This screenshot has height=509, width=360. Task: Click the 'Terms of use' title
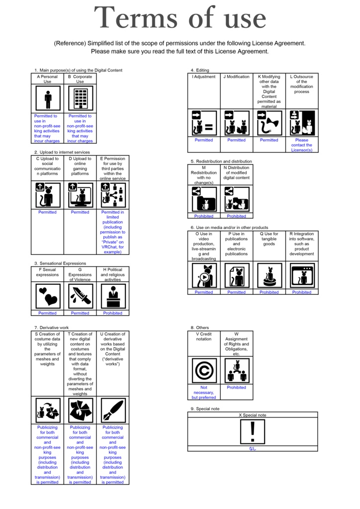[x=180, y=19]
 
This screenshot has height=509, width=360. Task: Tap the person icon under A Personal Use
[x=48, y=98]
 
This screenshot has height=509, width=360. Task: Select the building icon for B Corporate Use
[x=80, y=98]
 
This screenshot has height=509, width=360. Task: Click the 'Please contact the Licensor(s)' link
[x=301, y=145]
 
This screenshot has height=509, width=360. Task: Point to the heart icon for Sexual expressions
[x=48, y=296]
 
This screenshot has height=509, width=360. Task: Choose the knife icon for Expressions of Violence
[x=80, y=296]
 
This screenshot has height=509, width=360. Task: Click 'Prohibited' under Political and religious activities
[x=112, y=313]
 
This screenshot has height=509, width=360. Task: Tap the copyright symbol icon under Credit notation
[x=204, y=371]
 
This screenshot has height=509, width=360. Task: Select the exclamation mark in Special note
[x=253, y=431]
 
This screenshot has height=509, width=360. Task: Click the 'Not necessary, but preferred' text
[x=204, y=392]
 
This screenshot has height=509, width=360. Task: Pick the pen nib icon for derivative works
[x=113, y=411]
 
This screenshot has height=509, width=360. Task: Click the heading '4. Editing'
[x=200, y=70]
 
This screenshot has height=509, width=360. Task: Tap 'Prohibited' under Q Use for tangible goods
[x=269, y=292]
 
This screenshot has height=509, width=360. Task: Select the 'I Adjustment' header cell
[x=204, y=77]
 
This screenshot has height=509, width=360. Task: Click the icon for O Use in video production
[x=204, y=275]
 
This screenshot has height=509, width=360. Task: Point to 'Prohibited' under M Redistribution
[x=204, y=216]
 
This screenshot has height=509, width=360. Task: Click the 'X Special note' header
[x=253, y=415]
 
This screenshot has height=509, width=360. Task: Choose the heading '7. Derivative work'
[x=52, y=328]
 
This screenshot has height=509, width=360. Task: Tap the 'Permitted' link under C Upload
[x=48, y=212]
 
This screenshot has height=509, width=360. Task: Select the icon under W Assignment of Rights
[x=237, y=371]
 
